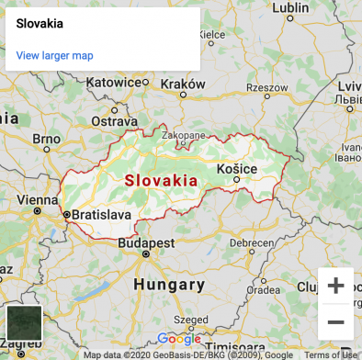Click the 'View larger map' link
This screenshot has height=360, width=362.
click(x=55, y=56)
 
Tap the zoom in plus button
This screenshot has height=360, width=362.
click(x=335, y=286)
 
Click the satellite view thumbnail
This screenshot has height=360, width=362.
click(x=24, y=323)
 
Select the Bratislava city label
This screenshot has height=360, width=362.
click(x=101, y=215)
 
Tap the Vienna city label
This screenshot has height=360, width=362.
click(x=37, y=199)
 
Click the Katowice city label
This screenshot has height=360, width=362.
click(x=115, y=82)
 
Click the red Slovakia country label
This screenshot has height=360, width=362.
click(x=161, y=180)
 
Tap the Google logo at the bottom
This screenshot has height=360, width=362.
click(x=178, y=339)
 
